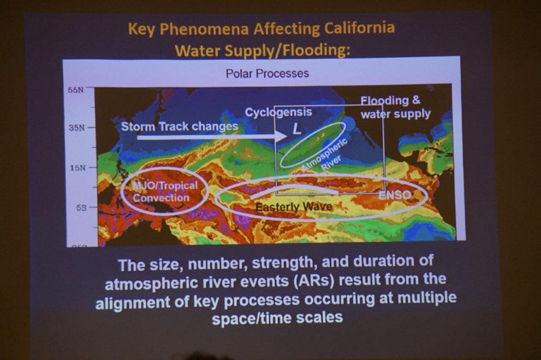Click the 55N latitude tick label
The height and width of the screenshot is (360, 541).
76,90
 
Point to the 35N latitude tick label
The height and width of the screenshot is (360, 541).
76,128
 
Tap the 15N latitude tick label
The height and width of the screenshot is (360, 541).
77,168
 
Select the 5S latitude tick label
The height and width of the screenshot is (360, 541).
81,208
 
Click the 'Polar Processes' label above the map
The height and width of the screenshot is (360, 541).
267,73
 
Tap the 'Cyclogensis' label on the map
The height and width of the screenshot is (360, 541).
278,112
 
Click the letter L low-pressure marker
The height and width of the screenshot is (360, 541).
297,129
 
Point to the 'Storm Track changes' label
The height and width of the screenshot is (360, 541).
180,126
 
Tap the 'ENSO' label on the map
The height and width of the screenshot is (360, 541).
395,195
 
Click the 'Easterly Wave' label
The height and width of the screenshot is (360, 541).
294,207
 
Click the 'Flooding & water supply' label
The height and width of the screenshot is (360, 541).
395,107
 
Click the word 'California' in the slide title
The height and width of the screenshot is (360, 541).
359,28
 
